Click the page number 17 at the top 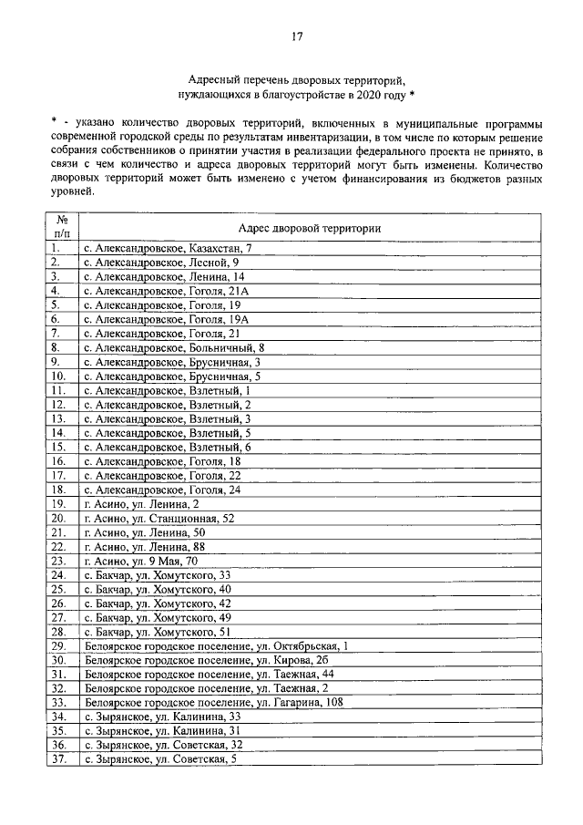(296, 36)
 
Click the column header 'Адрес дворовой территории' (309, 227)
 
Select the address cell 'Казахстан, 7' (167, 248)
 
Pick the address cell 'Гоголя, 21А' (167, 291)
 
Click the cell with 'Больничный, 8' (174, 347)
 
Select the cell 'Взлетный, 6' (167, 447)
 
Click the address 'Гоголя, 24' (162, 490)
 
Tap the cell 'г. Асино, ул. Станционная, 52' (159, 518)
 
